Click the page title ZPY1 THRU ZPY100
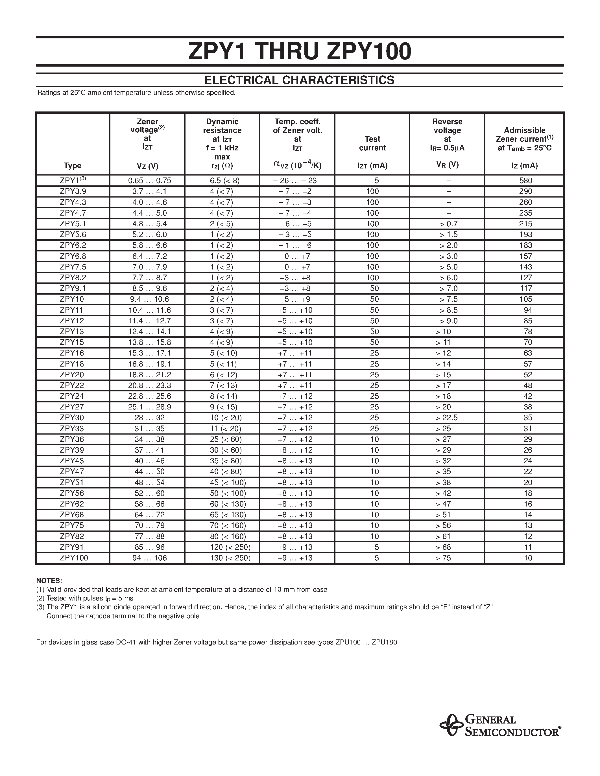coord(300,52)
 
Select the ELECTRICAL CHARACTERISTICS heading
coord(299,80)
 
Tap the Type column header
coord(73,166)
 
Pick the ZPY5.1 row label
coord(73,223)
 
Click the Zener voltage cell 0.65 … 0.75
coord(150,181)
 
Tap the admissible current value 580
coord(526,181)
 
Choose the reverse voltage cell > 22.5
coord(446,418)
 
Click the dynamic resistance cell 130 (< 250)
coord(230,558)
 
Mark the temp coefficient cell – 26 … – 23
coord(295,181)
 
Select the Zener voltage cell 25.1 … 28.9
coord(150,407)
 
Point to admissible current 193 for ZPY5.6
coord(526,234)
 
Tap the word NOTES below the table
coord(49,580)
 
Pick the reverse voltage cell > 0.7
coord(449,223)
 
